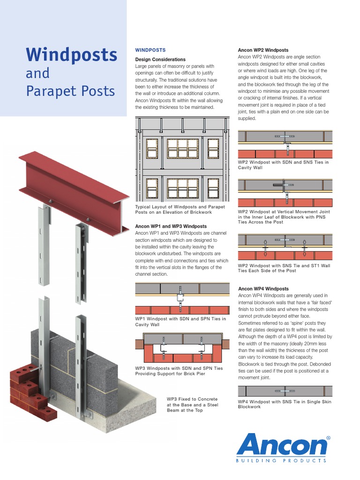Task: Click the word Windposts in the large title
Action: pos(71,55)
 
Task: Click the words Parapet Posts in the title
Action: pos(70,90)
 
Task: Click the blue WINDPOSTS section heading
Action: pos(150,50)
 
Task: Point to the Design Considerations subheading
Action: pos(160,60)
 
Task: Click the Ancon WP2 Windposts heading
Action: pos(263,50)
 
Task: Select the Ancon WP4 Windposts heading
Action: pos(263,289)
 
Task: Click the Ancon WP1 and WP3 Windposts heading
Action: pos(171,226)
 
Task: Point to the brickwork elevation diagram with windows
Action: pos(182,159)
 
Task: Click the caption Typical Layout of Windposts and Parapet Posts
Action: pos(180,210)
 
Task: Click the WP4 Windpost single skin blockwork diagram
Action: pos(285,390)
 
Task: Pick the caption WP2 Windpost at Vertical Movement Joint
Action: pos(284,217)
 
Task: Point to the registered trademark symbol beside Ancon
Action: pos(328,437)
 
